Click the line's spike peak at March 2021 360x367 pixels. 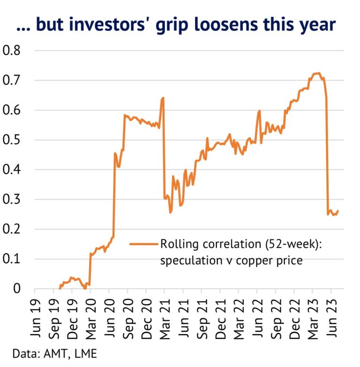pyautogui.click(x=163, y=98)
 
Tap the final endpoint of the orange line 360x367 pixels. pyautogui.click(x=337, y=211)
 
